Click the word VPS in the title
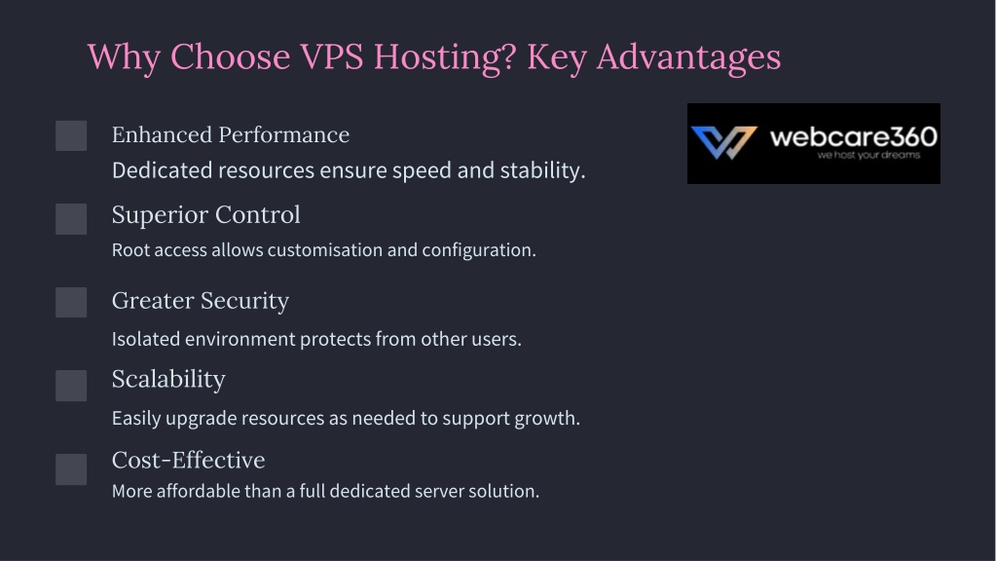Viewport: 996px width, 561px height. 332,56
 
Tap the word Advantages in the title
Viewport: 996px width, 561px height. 688,58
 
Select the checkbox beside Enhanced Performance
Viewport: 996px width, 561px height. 71,135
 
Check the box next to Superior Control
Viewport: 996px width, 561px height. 71,219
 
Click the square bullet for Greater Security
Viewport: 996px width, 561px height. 71,303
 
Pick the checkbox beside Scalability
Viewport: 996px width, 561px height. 71,386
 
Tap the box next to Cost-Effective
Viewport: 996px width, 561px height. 71,468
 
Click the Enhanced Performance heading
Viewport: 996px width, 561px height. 231,134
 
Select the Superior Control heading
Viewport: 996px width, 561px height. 205,214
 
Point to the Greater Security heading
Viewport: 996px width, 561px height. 201,301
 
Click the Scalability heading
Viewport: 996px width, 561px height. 168,380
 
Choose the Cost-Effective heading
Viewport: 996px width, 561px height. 188,460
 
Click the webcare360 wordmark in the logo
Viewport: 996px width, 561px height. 853,136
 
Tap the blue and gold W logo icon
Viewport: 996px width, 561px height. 724,142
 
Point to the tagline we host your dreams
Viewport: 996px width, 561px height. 868,155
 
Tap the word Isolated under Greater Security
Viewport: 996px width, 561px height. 146,339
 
